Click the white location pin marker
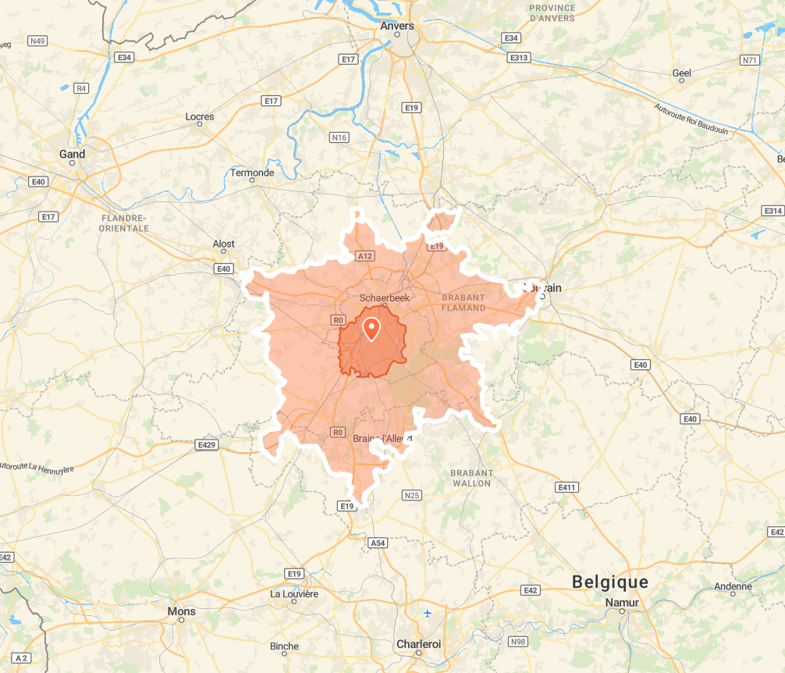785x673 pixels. (371, 329)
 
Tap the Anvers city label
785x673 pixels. (397, 26)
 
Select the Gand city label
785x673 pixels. (73, 154)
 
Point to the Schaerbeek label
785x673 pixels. (385, 297)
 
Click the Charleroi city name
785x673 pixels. (419, 643)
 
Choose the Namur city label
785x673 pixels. (622, 603)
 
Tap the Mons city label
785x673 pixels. (182, 611)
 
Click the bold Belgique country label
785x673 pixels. (610, 582)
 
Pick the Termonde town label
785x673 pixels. (252, 173)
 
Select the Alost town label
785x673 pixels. (224, 244)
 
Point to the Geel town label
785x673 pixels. (682, 73)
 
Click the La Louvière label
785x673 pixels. (294, 593)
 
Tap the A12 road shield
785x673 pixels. (364, 255)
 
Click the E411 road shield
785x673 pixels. (567, 487)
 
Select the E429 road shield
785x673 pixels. (206, 445)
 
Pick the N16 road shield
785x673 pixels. (339, 137)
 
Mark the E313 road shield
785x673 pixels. (518, 58)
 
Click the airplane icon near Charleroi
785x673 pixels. (428, 612)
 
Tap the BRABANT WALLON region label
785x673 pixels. (471, 478)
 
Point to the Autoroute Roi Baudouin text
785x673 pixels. (691, 119)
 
